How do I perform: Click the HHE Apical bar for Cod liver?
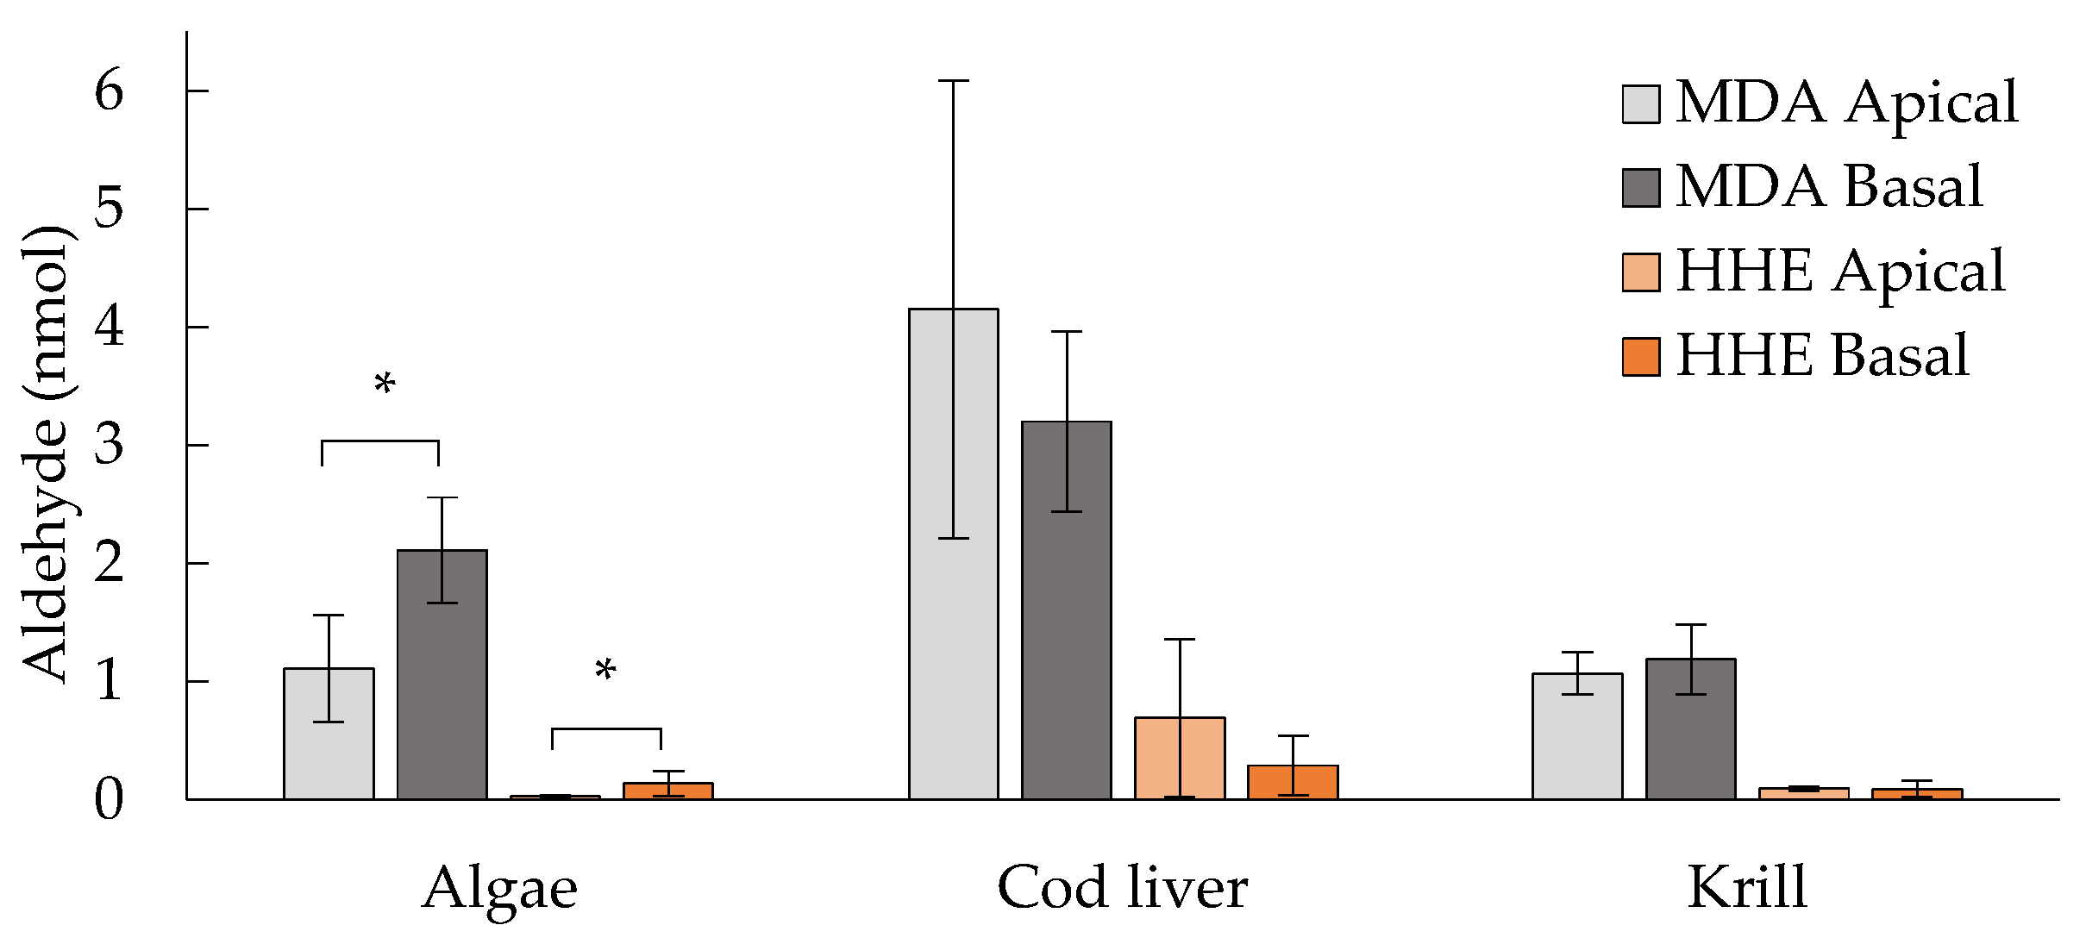(1179, 758)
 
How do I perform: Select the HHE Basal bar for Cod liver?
(1293, 782)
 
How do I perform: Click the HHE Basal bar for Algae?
(668, 791)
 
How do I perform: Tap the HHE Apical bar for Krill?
(1803, 793)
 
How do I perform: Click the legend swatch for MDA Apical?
(1640, 104)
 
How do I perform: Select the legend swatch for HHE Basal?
(1640, 357)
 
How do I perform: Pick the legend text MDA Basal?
(1828, 186)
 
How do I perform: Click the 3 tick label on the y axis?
(110, 445)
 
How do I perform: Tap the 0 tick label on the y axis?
(110, 799)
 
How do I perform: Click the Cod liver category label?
(1122, 887)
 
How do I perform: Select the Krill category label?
(1746, 887)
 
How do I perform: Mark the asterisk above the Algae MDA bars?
(385, 384)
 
